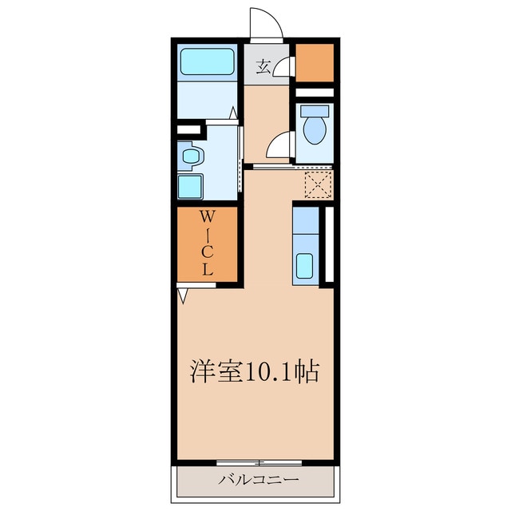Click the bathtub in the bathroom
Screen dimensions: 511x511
(208, 62)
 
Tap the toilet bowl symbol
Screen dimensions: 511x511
(314, 130)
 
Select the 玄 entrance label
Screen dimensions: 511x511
(263, 67)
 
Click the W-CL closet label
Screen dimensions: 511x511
(208, 243)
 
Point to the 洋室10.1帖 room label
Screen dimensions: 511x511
(255, 371)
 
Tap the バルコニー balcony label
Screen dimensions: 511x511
(258, 479)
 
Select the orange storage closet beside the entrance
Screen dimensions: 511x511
(315, 62)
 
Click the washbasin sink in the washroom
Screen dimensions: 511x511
(191, 156)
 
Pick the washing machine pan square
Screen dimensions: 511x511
(190, 186)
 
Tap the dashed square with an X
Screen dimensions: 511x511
(318, 185)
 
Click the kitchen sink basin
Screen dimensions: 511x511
(304, 266)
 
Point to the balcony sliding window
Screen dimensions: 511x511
(259, 462)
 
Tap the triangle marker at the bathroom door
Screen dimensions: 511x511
(233, 113)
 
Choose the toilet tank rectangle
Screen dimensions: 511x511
(315, 111)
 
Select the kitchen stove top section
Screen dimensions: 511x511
(305, 220)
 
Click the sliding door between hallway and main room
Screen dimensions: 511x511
(292, 167)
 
